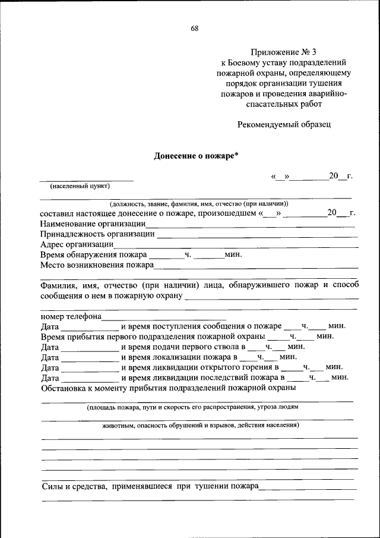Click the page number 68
(194, 28)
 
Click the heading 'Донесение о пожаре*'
(196, 156)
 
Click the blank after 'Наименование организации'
(251, 225)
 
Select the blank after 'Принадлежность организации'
(256, 235)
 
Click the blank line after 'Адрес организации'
(236, 246)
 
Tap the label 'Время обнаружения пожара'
(93, 255)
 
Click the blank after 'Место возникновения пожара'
(255, 266)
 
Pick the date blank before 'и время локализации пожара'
(90, 358)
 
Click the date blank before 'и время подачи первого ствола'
(90, 348)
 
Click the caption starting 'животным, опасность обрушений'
(200, 426)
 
